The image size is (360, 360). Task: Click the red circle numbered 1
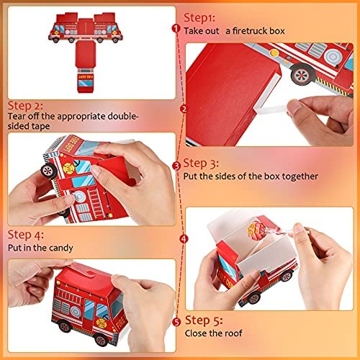tap(176, 29)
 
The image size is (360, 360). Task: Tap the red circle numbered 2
tap(184, 109)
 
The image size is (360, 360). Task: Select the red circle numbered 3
tap(176, 166)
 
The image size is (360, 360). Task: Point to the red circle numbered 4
tap(184, 239)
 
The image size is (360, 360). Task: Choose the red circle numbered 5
tap(176, 322)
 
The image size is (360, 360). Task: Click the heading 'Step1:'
tap(199, 18)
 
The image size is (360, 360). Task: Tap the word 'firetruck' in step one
tap(250, 31)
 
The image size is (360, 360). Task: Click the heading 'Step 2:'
tap(25, 106)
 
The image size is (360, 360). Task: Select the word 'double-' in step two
tap(122, 116)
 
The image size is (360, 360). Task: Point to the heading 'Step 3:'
tap(201, 163)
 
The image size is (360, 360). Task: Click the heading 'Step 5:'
tap(204, 320)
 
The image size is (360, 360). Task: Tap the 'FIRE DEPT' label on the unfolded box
tap(86, 76)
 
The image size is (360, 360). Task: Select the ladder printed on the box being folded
tap(96, 203)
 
